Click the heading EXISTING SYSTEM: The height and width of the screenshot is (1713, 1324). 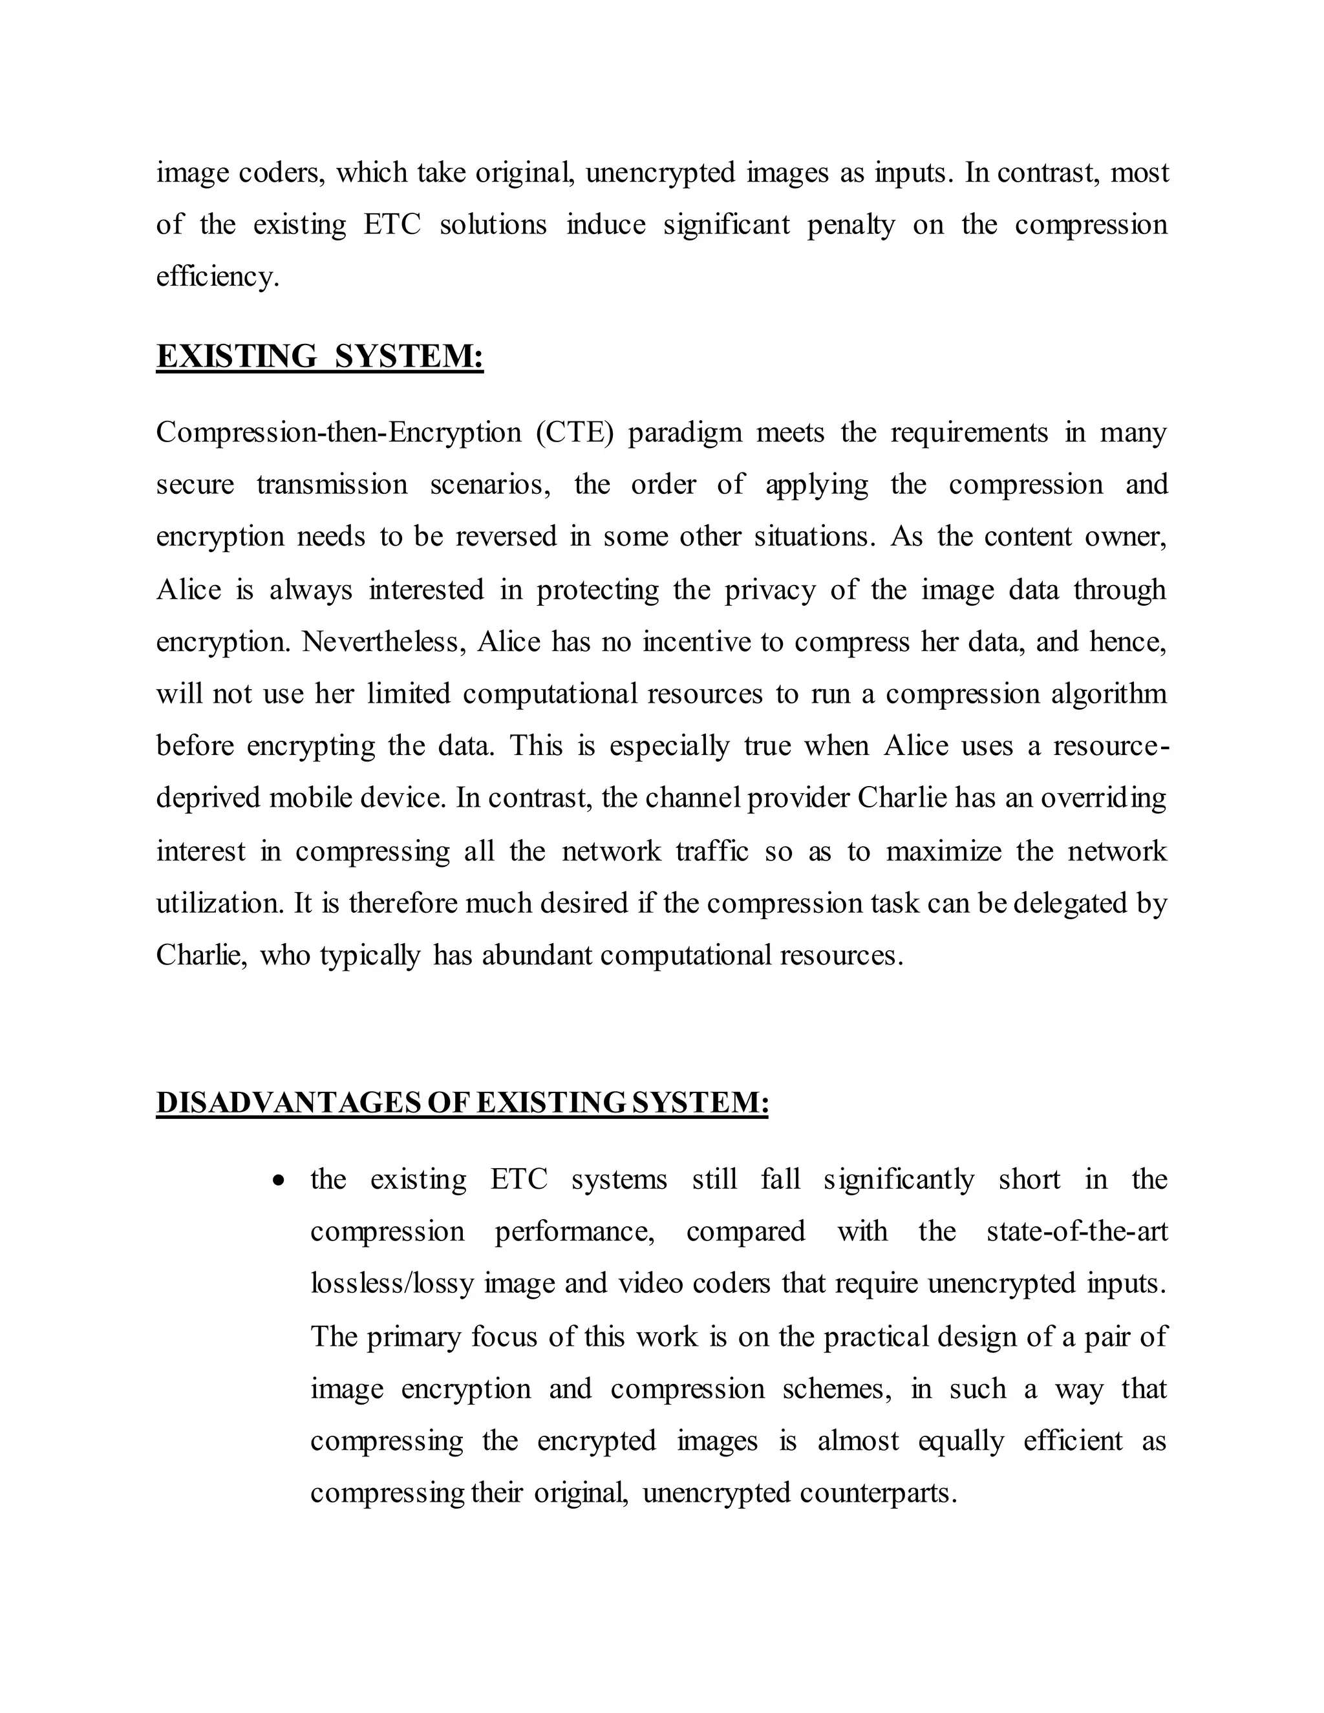tap(319, 356)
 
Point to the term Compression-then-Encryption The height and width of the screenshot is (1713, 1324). tap(338, 432)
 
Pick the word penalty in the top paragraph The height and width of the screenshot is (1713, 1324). tap(851, 225)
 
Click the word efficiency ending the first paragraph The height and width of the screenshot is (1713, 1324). tap(217, 277)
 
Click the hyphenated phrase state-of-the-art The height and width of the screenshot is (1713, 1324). tap(1076, 1231)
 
